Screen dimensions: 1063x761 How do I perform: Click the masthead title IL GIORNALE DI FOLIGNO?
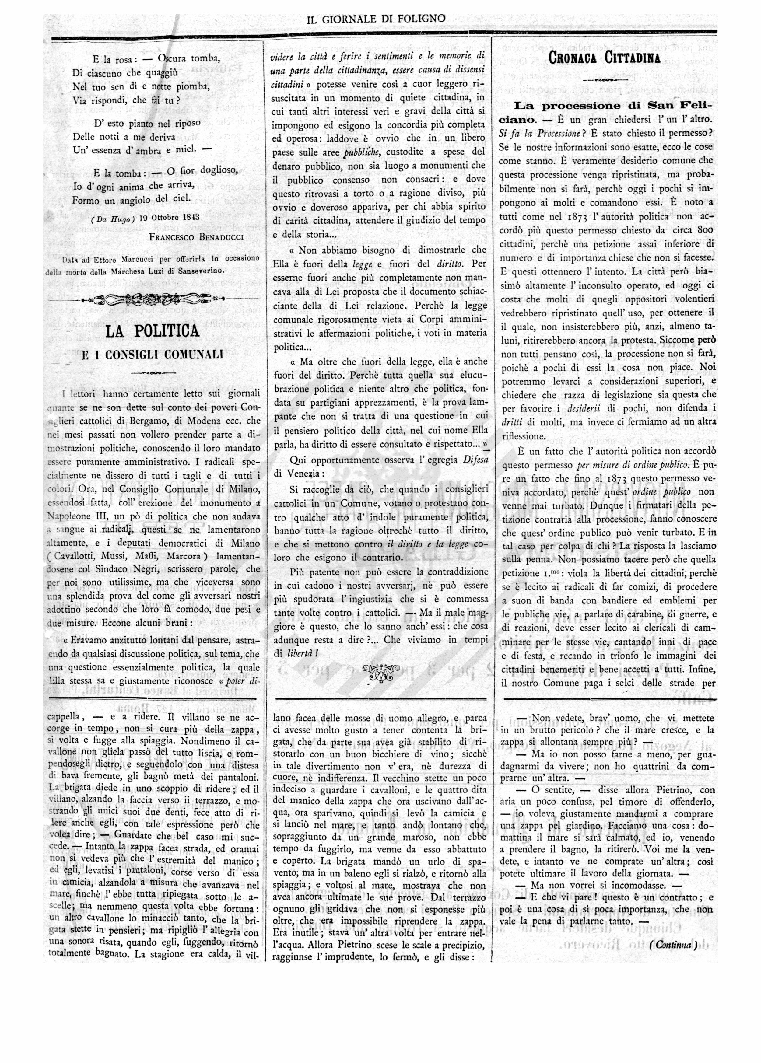click(x=376, y=19)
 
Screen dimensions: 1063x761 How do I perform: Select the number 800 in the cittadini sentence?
click(x=705, y=230)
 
